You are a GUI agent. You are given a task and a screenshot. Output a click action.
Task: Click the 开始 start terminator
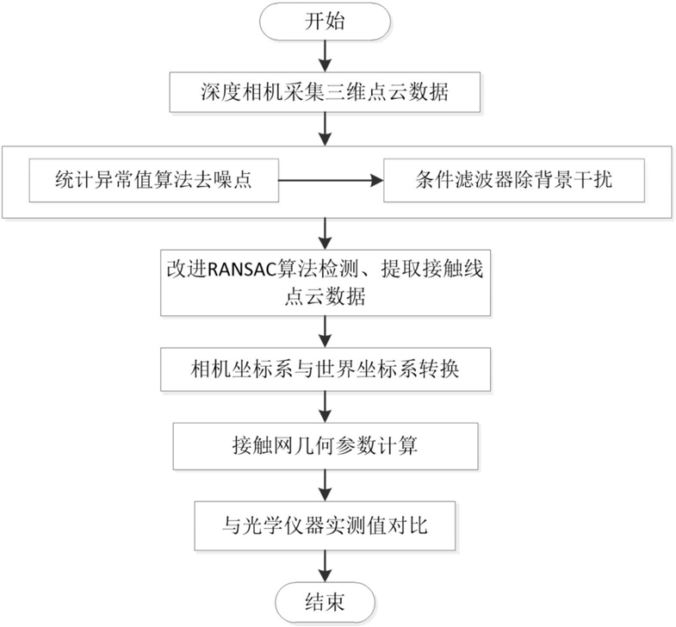[x=325, y=22]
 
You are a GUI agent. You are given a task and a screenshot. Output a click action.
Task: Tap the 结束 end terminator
[x=325, y=602]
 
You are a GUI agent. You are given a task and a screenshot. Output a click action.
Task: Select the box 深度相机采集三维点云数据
[x=325, y=92]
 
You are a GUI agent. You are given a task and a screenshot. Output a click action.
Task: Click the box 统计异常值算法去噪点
[x=153, y=180]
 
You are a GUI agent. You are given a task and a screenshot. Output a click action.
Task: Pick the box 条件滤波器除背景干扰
[x=514, y=180]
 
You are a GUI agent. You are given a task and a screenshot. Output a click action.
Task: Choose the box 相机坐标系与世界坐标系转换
[x=326, y=370]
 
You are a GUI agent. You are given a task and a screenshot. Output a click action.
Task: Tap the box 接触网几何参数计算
[x=326, y=446]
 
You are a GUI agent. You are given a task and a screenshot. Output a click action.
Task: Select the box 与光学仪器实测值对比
[x=325, y=525]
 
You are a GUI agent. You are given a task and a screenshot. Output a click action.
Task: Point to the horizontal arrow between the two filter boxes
[x=331, y=181]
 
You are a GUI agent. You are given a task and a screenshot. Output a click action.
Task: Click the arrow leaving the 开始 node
[x=325, y=57]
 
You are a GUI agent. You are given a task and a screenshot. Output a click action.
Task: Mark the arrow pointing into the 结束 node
[x=325, y=567]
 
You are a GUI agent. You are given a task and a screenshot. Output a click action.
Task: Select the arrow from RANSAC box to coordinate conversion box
[x=326, y=332]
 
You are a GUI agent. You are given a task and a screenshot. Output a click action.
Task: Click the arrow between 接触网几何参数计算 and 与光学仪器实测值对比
[x=325, y=485]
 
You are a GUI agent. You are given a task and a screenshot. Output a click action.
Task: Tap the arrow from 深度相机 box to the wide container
[x=325, y=129]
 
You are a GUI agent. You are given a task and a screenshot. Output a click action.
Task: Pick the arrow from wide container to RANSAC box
[x=326, y=234]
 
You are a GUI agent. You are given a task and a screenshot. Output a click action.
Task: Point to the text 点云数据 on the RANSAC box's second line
[x=325, y=296]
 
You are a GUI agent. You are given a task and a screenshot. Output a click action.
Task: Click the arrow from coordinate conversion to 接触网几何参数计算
[x=326, y=407]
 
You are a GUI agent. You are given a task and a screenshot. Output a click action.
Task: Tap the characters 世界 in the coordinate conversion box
[x=335, y=370]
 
